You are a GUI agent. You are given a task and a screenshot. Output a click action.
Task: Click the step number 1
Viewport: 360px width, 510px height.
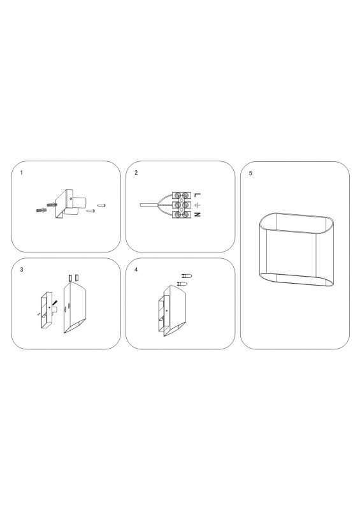[x=22, y=173]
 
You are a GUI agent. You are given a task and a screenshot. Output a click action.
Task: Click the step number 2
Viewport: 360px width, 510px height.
[x=136, y=173]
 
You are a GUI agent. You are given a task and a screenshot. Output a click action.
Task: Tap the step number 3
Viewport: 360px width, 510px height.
[x=22, y=270]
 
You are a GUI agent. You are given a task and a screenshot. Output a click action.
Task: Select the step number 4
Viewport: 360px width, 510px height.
[x=136, y=270]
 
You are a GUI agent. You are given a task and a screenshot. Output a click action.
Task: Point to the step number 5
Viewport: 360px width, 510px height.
[x=250, y=173]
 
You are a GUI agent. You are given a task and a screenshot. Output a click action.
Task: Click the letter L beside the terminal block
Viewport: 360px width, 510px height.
[x=198, y=195]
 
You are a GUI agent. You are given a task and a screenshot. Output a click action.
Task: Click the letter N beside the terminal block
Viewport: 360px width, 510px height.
[x=198, y=215]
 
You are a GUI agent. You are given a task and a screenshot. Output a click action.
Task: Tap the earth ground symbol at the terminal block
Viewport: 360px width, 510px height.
[x=198, y=205]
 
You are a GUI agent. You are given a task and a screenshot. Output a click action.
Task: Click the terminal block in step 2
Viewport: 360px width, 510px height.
[x=182, y=205]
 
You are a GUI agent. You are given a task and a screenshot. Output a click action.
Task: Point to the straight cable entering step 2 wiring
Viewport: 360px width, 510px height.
[x=148, y=205]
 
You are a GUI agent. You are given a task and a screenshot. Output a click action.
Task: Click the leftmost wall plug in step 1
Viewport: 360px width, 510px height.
[x=41, y=210]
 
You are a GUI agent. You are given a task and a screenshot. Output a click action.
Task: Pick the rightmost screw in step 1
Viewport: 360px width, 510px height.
[x=102, y=205]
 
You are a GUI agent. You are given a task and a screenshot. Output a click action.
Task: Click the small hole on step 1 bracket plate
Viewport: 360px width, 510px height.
[x=71, y=200]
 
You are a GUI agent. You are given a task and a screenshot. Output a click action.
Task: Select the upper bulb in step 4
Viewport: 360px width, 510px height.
[x=187, y=277]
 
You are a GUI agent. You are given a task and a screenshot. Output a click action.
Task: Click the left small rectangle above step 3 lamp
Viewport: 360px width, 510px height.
[x=70, y=278]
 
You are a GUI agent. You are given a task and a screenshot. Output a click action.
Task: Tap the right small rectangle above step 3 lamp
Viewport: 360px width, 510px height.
[x=76, y=278]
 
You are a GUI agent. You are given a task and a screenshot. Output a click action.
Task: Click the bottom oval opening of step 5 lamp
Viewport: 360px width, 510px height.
[x=296, y=280]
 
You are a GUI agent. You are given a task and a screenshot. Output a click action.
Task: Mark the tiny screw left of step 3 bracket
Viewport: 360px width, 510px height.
[x=39, y=314]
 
